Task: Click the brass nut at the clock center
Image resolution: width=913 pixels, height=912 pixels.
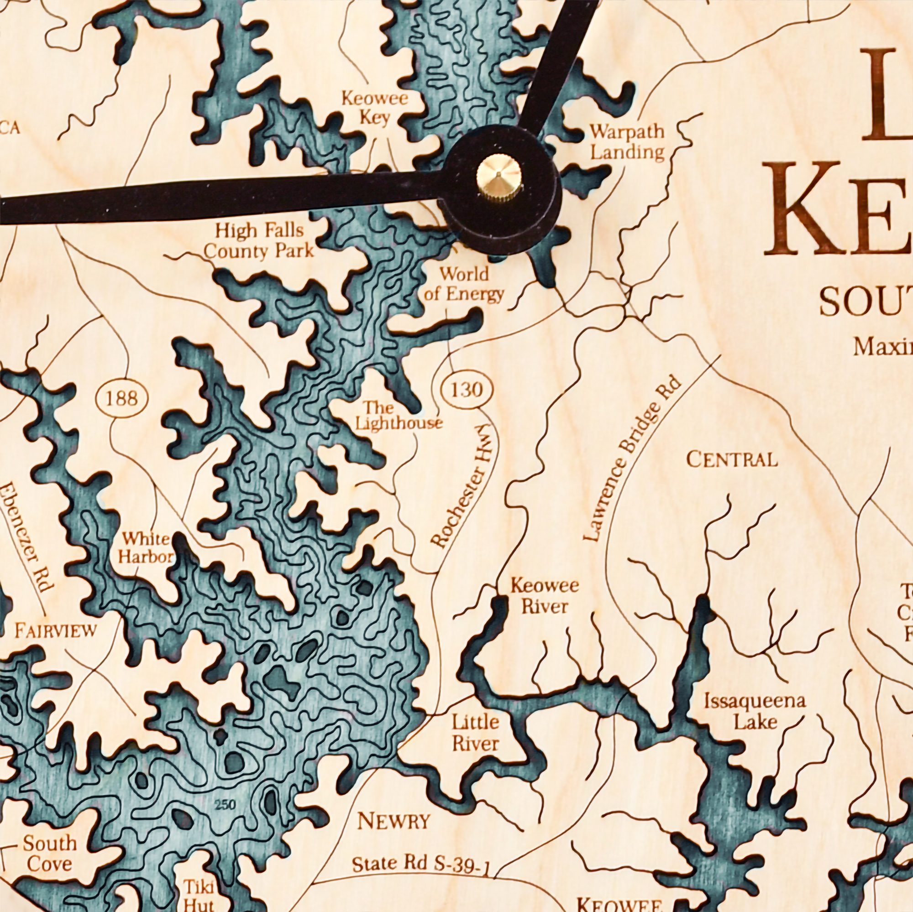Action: pos(499,178)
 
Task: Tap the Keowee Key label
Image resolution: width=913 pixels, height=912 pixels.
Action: pos(374,109)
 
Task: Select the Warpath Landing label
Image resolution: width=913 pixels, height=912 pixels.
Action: pos(628,142)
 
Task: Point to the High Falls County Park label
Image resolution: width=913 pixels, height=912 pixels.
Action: pos(259,241)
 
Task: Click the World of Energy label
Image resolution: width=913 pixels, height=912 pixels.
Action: pos(464,284)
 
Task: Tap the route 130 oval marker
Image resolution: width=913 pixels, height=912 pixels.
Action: pos(467,390)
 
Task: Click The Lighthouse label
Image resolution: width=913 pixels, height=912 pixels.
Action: pos(398,416)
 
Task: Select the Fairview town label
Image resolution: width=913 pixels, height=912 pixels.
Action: pos(56,631)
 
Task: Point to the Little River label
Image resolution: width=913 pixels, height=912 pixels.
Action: pos(475,732)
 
